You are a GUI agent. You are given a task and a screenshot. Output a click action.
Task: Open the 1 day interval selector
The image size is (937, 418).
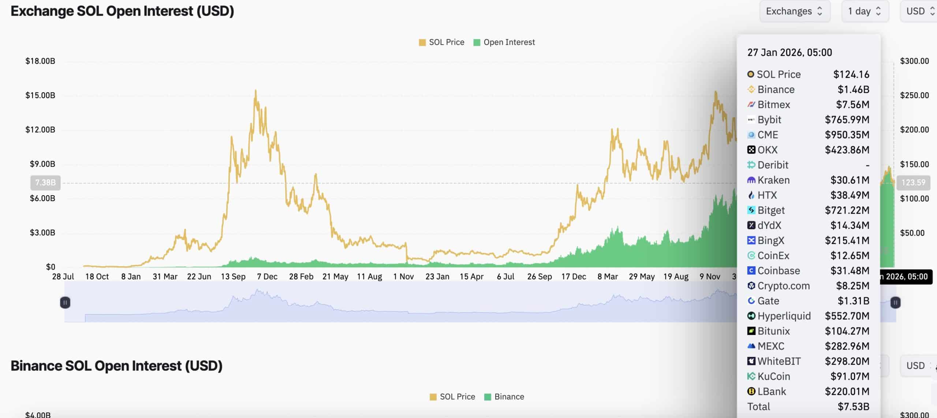865,11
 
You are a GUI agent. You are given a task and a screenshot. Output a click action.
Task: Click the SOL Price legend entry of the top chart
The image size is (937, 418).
441,42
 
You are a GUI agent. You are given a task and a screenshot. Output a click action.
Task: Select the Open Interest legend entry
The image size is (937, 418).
504,42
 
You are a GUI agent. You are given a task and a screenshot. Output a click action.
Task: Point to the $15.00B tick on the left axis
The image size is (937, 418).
40,95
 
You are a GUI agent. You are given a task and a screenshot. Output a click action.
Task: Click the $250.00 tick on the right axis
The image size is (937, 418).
914,95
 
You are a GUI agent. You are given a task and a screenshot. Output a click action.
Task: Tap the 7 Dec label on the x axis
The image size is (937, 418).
267,277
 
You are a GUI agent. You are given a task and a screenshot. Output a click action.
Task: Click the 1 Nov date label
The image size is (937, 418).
403,277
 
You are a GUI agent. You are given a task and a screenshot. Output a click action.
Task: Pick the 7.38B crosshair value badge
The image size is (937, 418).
45,182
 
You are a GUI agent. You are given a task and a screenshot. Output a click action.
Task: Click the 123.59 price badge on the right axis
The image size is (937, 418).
913,182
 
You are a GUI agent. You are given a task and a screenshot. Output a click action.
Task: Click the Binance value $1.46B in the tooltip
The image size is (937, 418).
853,89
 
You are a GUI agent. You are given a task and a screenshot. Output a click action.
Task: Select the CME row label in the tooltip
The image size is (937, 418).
768,135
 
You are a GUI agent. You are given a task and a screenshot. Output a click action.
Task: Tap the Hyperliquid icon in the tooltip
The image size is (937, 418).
751,316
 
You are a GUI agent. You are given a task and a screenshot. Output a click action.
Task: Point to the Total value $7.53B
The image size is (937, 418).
853,407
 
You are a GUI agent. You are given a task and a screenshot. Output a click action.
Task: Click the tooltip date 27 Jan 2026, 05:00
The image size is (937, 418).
789,52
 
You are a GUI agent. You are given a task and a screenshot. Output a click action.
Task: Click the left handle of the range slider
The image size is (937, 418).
65,303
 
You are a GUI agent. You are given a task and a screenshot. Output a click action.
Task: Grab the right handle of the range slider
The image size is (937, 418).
895,303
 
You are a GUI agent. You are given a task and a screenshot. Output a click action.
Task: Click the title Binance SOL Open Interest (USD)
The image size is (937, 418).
116,366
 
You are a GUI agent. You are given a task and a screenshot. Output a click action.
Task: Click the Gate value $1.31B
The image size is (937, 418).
853,301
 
